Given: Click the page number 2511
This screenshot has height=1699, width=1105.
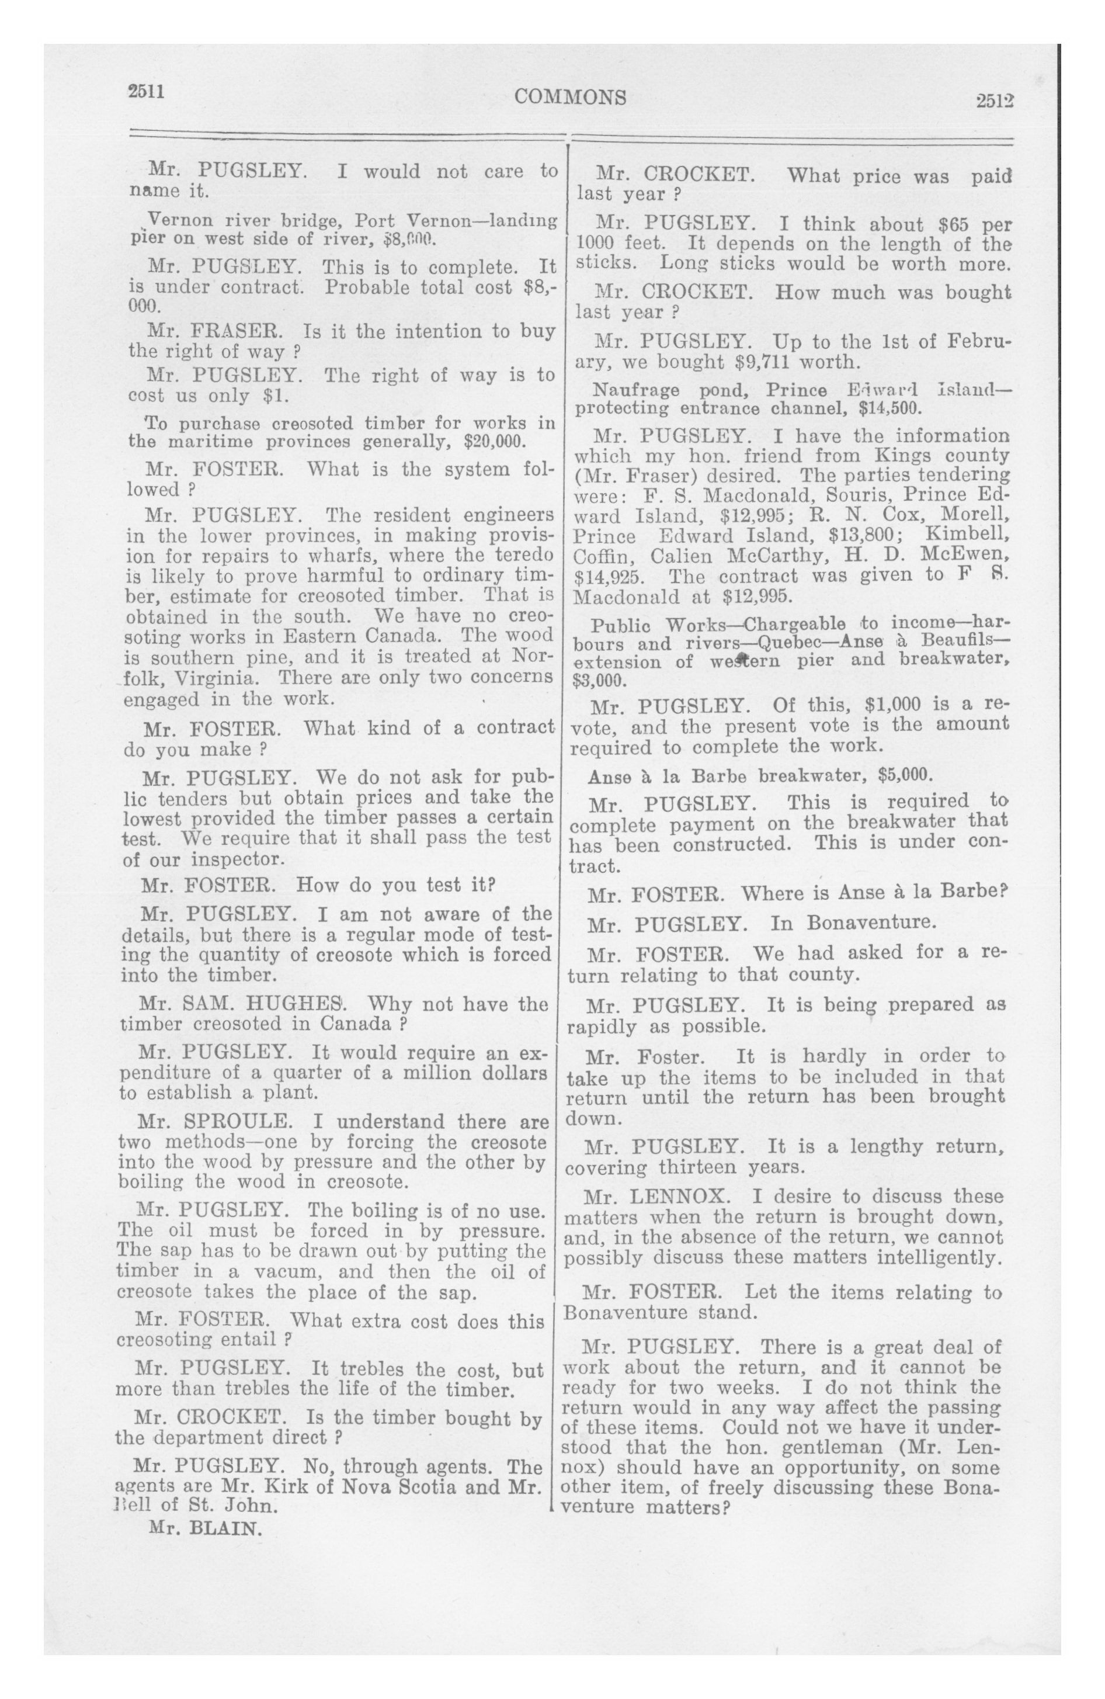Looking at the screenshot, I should point(147,91).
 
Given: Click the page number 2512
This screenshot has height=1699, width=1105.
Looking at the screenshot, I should point(995,102).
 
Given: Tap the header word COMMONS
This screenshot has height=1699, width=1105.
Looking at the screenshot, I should point(569,97).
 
